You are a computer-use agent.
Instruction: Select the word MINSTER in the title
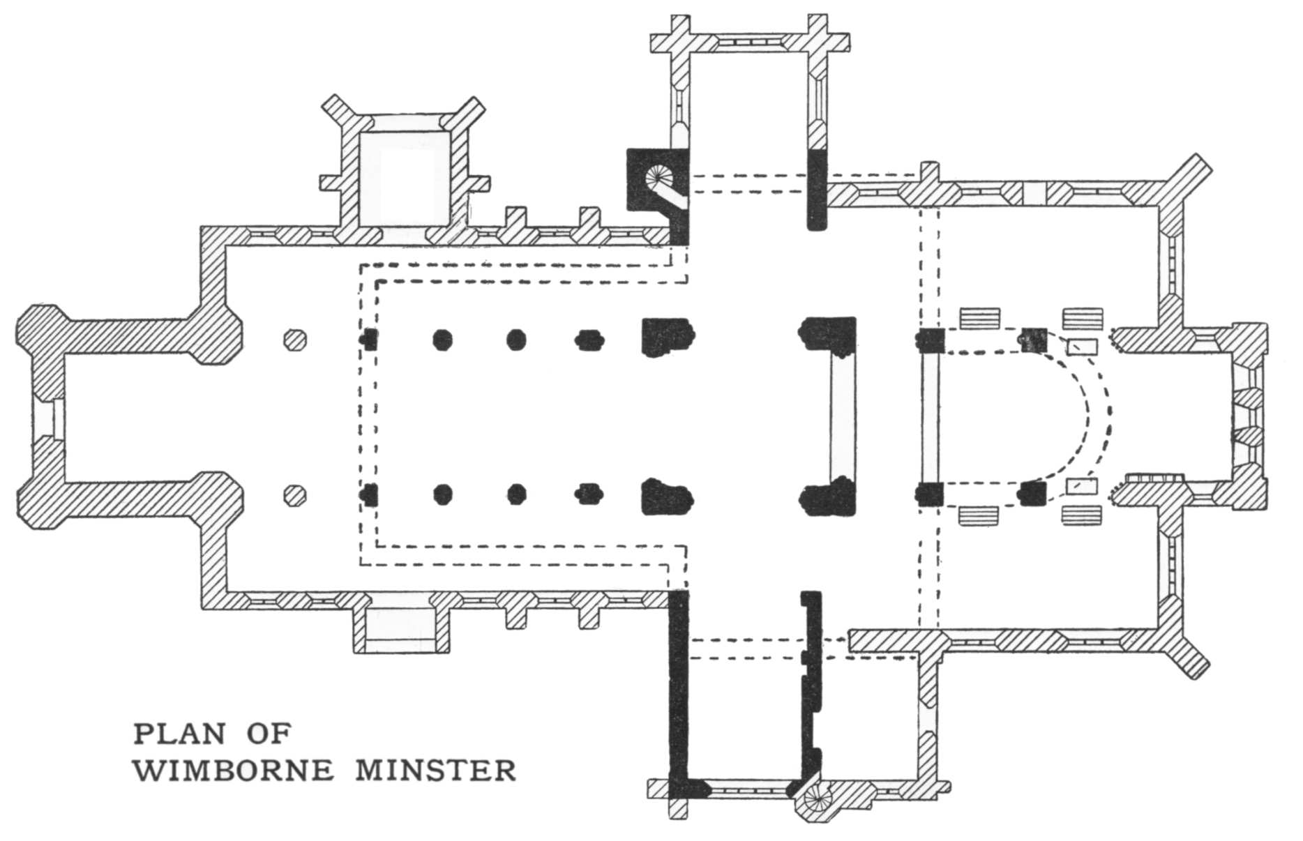[436, 771]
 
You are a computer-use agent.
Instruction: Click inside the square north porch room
[404, 178]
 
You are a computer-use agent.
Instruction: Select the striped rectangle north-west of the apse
[979, 318]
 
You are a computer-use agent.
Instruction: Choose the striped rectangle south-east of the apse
[1082, 515]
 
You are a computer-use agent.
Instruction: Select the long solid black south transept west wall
[677, 690]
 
